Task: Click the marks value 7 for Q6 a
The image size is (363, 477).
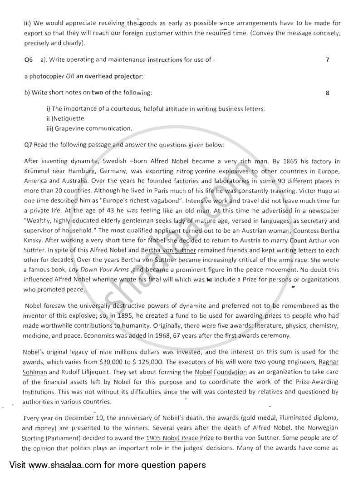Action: tap(328, 59)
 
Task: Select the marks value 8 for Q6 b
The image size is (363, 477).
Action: tap(328, 93)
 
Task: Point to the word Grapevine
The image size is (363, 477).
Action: tap(70, 128)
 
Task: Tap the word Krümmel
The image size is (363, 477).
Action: tap(38, 171)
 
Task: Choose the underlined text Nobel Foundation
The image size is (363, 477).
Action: tap(220, 372)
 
